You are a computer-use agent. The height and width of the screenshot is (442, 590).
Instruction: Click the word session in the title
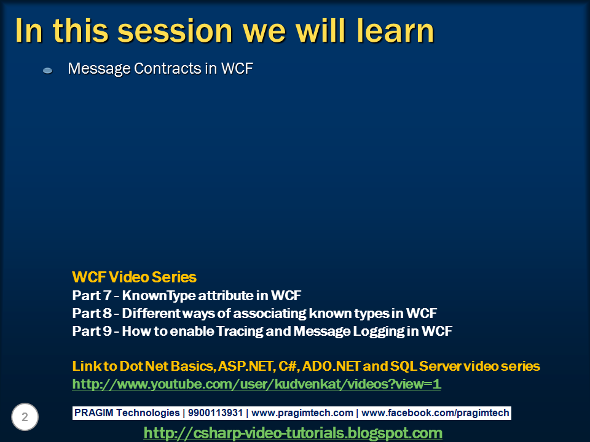click(x=175, y=31)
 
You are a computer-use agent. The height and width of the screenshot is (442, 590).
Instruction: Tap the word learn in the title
click(x=395, y=30)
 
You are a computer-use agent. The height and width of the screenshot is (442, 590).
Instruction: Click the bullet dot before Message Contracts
click(x=48, y=70)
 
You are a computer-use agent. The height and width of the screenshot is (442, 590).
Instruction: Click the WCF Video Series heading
click(x=135, y=277)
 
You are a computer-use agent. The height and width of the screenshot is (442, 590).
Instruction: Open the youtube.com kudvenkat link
click(x=257, y=384)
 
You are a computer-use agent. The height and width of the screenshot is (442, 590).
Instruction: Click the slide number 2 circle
click(x=25, y=417)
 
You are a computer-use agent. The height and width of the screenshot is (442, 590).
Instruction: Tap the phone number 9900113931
click(x=215, y=413)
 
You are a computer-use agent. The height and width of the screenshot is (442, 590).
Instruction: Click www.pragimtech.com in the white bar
click(x=302, y=413)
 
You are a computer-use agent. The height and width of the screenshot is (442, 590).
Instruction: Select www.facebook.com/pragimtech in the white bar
click(x=435, y=413)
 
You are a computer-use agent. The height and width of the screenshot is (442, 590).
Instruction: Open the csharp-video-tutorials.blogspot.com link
click(x=293, y=433)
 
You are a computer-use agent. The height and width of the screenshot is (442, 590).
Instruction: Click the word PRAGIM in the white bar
click(x=93, y=413)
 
